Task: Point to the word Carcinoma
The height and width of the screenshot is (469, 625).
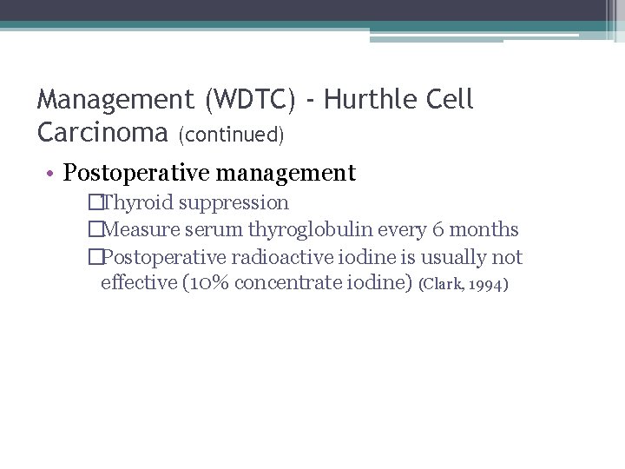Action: [103, 132]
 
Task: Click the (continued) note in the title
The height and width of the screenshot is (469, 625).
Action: [232, 135]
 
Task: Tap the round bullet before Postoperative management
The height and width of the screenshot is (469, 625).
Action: [53, 174]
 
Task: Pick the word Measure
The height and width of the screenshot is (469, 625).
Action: [140, 230]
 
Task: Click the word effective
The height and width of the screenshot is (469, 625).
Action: [138, 282]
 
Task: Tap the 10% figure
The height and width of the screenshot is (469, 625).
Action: [207, 282]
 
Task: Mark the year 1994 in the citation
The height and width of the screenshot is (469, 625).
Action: [488, 284]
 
